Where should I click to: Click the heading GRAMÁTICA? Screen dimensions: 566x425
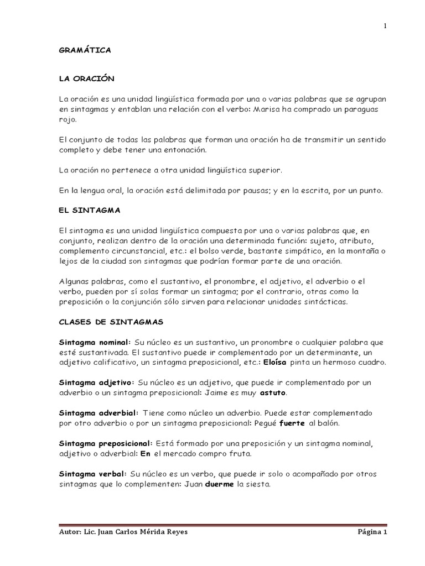point(85,50)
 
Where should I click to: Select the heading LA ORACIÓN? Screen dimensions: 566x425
point(86,79)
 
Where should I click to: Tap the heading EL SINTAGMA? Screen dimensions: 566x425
point(89,211)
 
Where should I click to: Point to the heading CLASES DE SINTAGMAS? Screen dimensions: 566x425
point(111,321)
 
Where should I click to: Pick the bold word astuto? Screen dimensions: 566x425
point(273,393)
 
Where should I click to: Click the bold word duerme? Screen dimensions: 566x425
point(220,484)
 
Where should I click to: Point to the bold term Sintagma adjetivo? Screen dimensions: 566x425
point(96,382)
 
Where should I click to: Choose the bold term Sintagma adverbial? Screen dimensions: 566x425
point(99,413)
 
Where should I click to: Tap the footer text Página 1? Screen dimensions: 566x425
point(372,532)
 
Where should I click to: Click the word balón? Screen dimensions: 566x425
point(327,423)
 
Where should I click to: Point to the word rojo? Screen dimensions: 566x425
point(68,119)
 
